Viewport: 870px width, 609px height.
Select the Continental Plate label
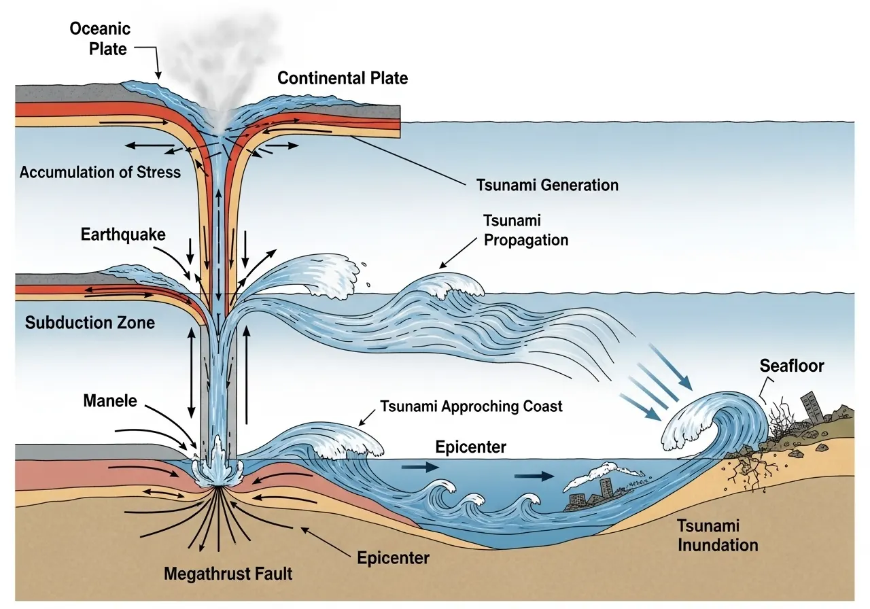click(343, 78)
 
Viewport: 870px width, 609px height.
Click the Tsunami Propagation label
click(525, 230)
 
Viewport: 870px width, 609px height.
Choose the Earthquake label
click(122, 235)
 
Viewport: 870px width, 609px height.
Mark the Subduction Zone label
click(90, 322)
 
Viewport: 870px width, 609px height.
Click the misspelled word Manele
click(109, 401)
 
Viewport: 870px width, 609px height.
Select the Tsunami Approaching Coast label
click(471, 406)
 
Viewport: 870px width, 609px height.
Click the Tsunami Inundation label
click(717, 536)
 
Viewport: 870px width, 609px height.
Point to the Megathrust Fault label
click(228, 574)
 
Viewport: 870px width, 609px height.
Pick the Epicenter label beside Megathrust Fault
click(393, 558)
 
